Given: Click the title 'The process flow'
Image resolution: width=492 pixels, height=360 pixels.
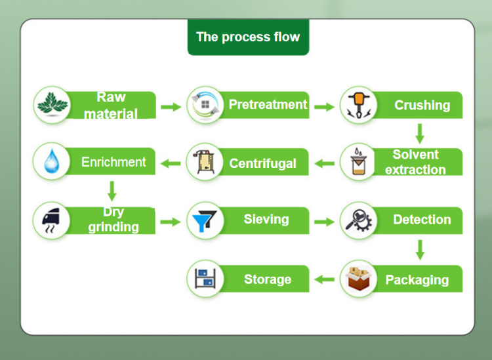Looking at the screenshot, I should [248, 37].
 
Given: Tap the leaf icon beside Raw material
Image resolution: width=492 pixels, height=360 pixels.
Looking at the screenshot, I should [52, 105].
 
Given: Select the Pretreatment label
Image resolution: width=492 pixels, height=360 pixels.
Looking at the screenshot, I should [268, 105].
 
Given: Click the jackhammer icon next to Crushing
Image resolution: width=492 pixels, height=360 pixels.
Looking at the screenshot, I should [359, 105].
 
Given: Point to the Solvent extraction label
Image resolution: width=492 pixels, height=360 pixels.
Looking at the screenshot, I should [415, 162].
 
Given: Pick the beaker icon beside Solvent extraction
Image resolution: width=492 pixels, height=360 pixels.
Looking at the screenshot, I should [359, 162].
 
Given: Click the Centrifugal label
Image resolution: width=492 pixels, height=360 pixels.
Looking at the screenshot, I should [262, 163].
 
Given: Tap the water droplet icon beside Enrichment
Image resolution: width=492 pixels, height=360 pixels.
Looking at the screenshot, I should [52, 162].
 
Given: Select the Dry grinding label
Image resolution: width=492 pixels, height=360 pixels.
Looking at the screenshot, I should [113, 220].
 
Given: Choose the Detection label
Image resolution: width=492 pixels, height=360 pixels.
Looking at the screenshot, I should [422, 220].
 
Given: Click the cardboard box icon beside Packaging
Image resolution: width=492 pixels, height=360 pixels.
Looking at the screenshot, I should [359, 279].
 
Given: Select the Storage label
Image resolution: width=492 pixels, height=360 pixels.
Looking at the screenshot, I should [268, 279].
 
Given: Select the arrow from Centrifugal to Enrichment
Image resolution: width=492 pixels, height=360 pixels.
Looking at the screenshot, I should [171, 163].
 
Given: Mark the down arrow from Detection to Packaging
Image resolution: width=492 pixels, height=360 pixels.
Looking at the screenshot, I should [420, 249].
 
